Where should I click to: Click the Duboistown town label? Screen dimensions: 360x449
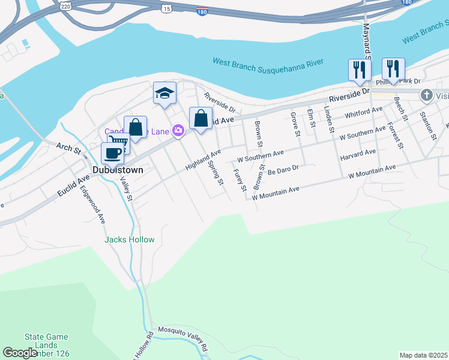tap(118, 170)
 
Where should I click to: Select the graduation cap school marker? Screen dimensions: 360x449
tap(164, 94)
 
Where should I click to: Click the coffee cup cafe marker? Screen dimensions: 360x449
tap(112, 153)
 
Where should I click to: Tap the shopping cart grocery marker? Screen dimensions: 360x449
tap(118, 143)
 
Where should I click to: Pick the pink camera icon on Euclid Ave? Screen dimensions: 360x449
tap(178, 130)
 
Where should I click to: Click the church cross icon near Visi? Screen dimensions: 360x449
tap(426, 95)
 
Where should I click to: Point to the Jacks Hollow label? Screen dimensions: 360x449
tap(129, 239)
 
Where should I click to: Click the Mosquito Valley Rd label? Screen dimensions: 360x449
tap(182, 338)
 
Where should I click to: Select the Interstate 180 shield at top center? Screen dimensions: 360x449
tap(202, 11)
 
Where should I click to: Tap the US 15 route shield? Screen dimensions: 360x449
tap(166, 8)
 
